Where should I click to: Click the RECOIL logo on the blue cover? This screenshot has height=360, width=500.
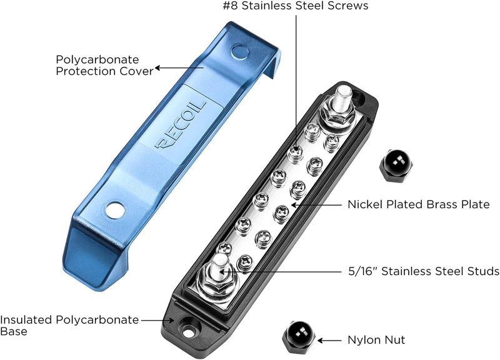pyautogui.click(x=181, y=126)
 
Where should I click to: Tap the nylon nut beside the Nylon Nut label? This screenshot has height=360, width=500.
pyautogui.click(x=299, y=337)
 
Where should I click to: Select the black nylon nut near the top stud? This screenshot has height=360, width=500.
pyautogui.click(x=396, y=165)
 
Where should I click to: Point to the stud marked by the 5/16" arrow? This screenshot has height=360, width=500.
pyautogui.click(x=219, y=267)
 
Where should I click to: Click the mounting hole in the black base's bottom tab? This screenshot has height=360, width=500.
pyautogui.click(x=188, y=328)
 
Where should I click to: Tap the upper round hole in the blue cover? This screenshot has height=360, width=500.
pyautogui.click(x=240, y=52)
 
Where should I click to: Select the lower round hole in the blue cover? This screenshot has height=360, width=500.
pyautogui.click(x=115, y=210)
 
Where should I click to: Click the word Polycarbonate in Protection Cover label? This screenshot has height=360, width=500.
pyautogui.click(x=97, y=59)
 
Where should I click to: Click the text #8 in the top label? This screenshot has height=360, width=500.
pyautogui.click(x=230, y=6)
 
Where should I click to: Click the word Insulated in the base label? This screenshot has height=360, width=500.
pyautogui.click(x=26, y=319)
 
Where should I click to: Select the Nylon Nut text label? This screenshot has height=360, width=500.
pyautogui.click(x=376, y=340)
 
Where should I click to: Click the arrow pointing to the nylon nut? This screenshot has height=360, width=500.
pyautogui.click(x=329, y=341)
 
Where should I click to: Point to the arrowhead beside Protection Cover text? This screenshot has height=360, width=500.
pyautogui.click(x=157, y=68)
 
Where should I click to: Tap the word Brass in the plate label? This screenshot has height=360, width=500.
pyautogui.click(x=439, y=204)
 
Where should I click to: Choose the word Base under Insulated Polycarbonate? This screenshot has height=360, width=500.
pyautogui.click(x=14, y=331)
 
